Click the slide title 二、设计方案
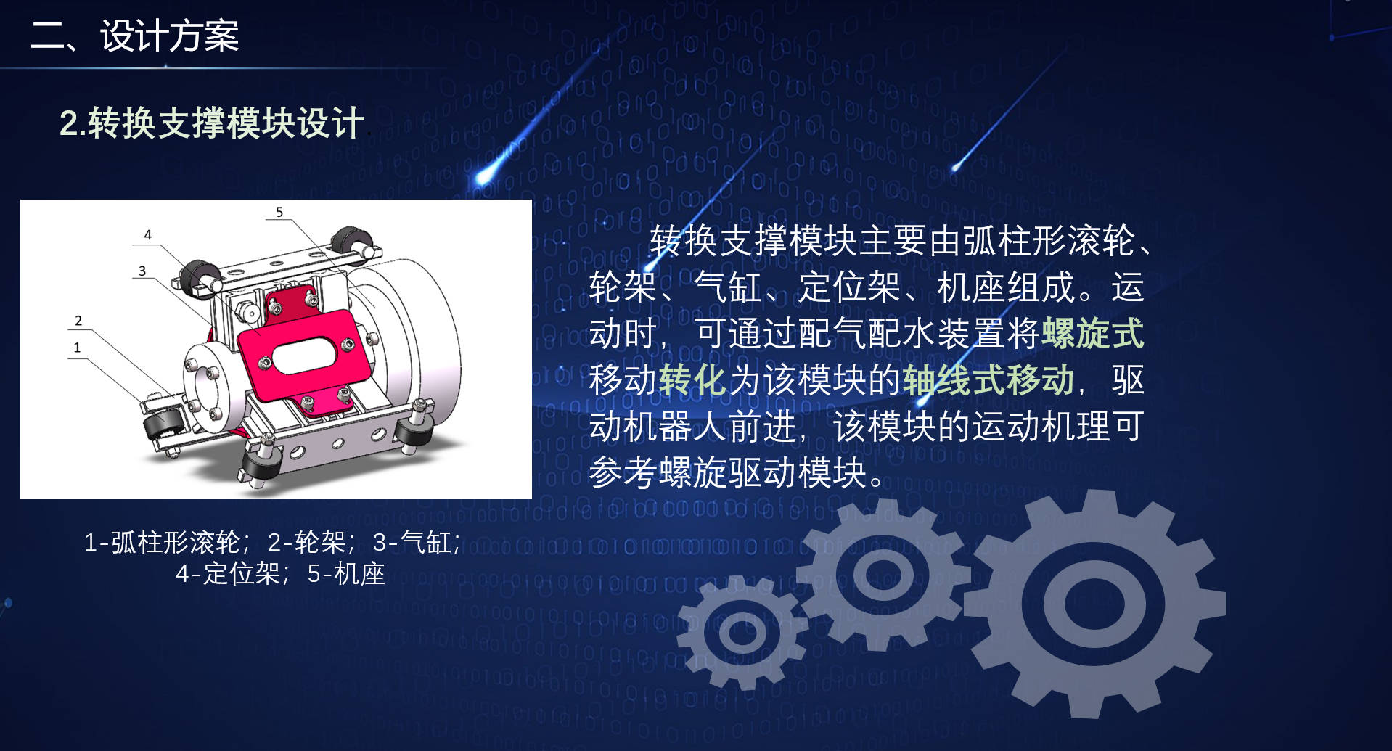coord(135,36)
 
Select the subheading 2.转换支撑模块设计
coord(211,123)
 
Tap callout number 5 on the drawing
coord(279,212)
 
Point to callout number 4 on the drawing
coord(148,234)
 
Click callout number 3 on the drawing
coord(142,271)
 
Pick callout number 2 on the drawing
coord(78,320)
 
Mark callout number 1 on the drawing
coord(77,347)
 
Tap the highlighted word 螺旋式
coord(1093,333)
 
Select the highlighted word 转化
coord(692,379)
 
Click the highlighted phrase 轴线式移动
coord(988,379)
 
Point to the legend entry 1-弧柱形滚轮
coord(163,542)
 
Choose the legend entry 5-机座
coord(346,574)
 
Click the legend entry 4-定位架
coord(229,574)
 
